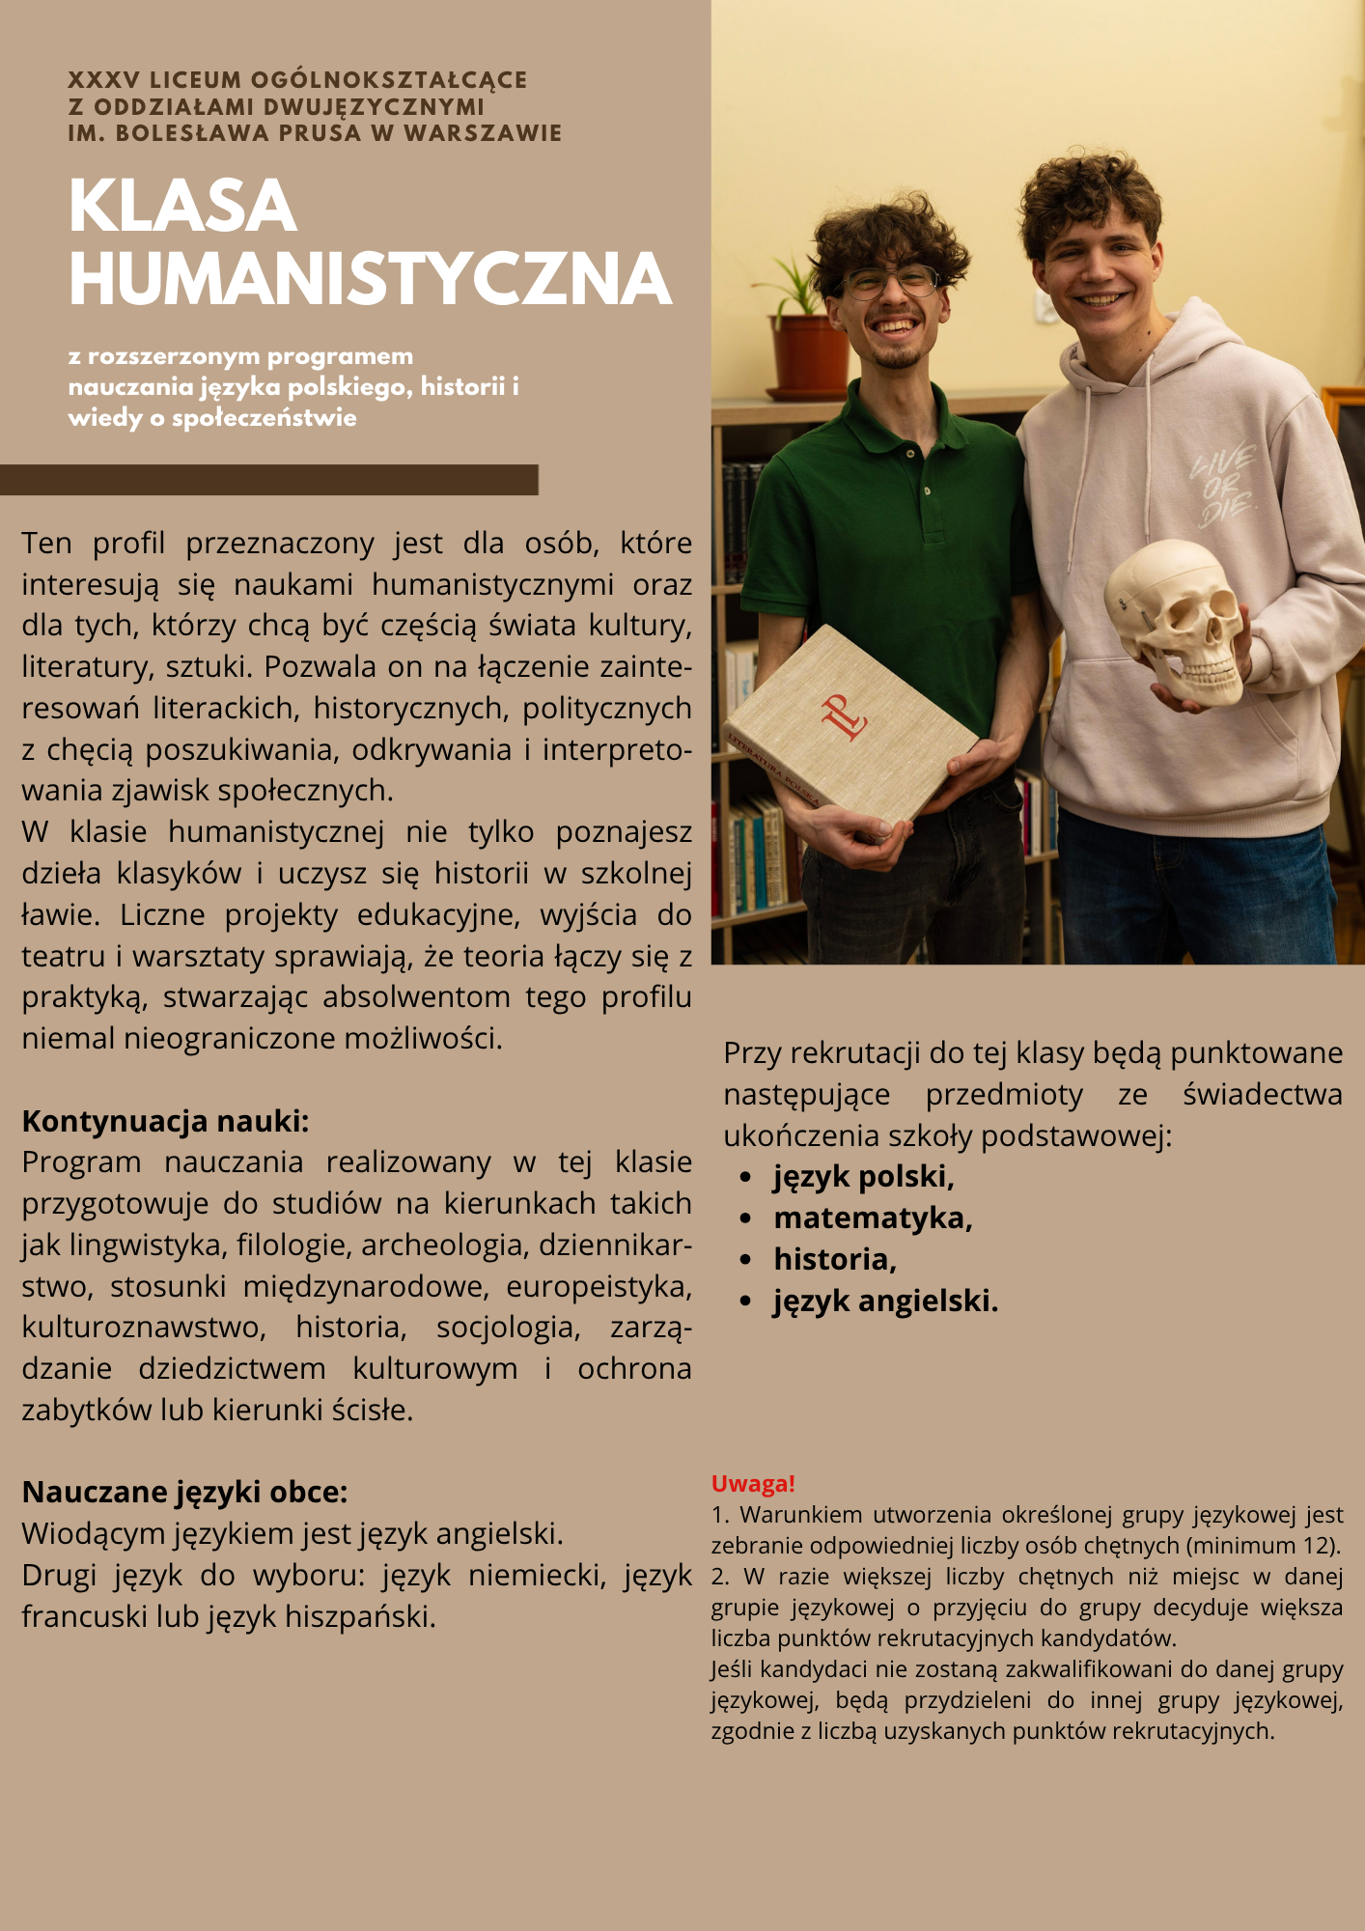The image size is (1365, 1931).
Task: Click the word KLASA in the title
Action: click(x=181, y=206)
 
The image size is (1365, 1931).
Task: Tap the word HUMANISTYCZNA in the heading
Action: click(x=370, y=280)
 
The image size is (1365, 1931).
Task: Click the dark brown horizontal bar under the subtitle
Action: click(x=268, y=480)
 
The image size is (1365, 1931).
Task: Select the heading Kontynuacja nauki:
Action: click(x=165, y=1121)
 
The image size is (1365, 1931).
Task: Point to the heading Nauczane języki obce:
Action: click(x=184, y=1492)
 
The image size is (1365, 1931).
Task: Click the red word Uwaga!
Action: click(x=753, y=1484)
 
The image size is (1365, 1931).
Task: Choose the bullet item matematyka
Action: click(x=872, y=1218)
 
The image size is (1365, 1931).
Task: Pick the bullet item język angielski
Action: click(x=884, y=1301)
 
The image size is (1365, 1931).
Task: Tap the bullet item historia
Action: click(x=834, y=1260)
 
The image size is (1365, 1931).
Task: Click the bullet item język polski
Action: click(x=863, y=1177)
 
